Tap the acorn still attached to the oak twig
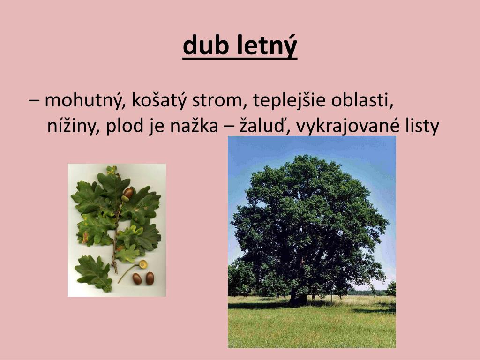tap(127, 193)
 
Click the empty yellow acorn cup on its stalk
tap(142, 264)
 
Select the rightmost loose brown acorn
tap(150, 278)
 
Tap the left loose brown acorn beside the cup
tap(137, 278)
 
